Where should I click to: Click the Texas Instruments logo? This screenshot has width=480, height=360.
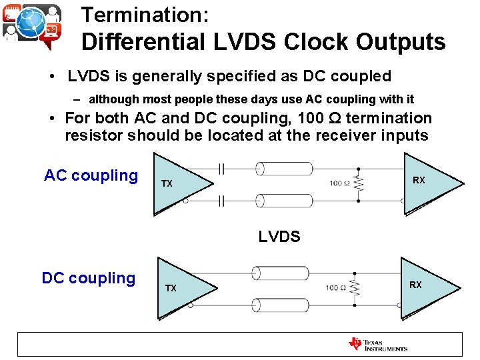[x=378, y=344]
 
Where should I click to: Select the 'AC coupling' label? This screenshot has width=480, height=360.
[x=91, y=175]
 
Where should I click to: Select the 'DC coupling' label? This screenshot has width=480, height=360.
[x=88, y=278]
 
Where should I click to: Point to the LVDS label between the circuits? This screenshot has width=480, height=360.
[x=279, y=236]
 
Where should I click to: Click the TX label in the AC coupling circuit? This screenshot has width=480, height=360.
[x=167, y=183]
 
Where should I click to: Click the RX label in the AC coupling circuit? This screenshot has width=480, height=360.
[x=419, y=181]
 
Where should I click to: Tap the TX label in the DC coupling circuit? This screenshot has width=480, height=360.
[x=171, y=288]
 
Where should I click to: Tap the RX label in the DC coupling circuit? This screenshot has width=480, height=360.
[x=415, y=285]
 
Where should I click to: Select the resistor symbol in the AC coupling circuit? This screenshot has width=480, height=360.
[x=359, y=183]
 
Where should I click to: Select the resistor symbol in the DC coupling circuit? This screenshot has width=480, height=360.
[x=355, y=288]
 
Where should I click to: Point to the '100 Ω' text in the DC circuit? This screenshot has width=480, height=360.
[x=335, y=288]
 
